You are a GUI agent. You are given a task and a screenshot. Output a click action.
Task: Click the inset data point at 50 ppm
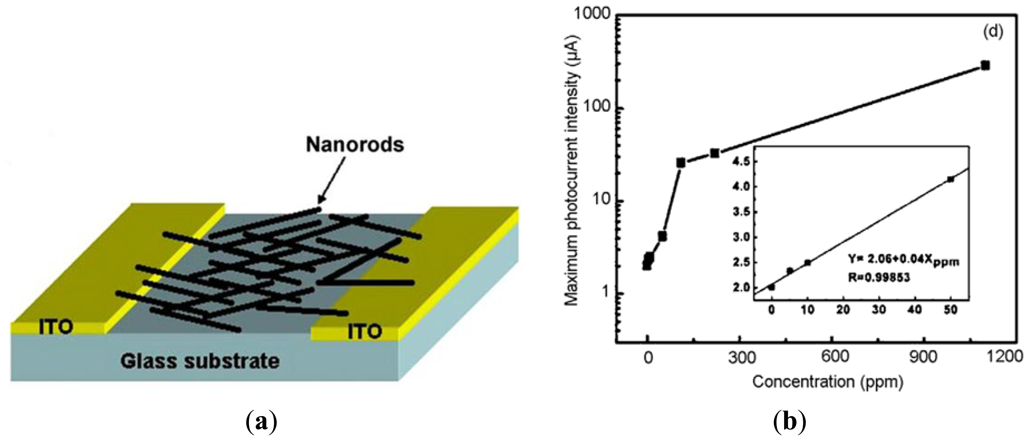pyautogui.click(x=950, y=179)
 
